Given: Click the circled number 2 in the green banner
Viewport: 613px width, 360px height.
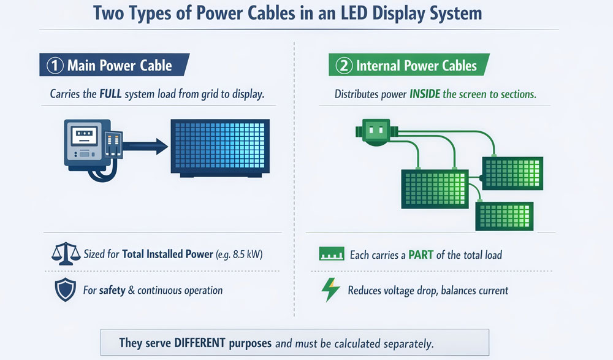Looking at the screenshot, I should tap(345, 66).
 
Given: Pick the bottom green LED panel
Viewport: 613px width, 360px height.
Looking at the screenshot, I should tap(504, 216).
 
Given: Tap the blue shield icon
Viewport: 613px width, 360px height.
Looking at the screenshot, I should tap(65, 289).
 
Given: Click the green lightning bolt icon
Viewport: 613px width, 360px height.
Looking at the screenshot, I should tap(330, 289).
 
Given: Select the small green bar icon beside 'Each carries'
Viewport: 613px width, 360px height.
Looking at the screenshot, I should tap(330, 253).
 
